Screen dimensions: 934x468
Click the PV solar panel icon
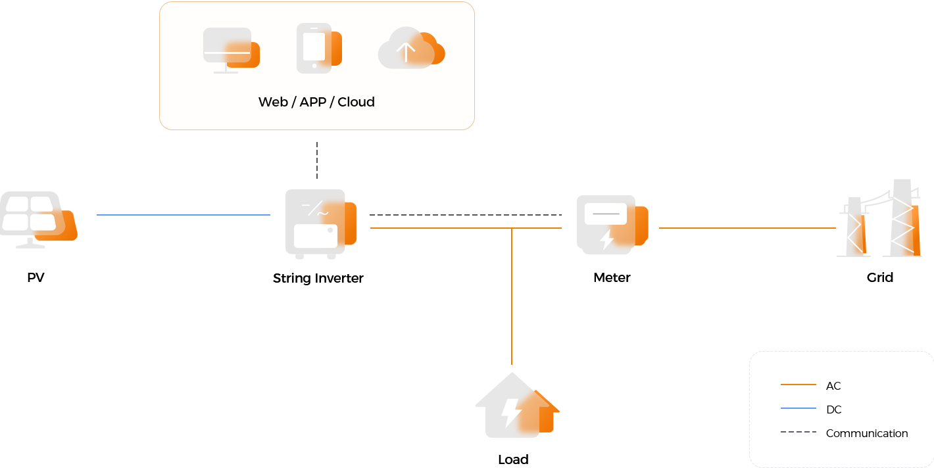[x=39, y=220]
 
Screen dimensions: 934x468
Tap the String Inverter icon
[x=320, y=223]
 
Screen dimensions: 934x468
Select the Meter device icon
[x=612, y=225]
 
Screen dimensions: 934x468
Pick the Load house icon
[x=517, y=405]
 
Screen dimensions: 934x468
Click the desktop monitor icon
[x=232, y=50]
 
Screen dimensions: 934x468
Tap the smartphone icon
[x=319, y=49]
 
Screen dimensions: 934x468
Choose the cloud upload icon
[x=411, y=48]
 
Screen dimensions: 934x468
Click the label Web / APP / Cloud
[x=316, y=102]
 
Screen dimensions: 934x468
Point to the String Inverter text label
[x=318, y=279]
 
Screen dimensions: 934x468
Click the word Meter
[x=612, y=277]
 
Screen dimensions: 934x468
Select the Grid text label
[x=880, y=277]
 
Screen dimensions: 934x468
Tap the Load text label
[x=513, y=459]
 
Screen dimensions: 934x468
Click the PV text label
[x=36, y=277]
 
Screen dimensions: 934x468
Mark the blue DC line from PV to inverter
[x=184, y=215]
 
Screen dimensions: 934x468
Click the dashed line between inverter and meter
[x=466, y=215]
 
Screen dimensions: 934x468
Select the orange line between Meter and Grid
[x=747, y=228]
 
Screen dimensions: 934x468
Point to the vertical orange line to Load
[x=512, y=296]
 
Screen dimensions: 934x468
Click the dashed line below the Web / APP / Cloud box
[x=317, y=160]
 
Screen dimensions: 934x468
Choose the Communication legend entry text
[x=867, y=433]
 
